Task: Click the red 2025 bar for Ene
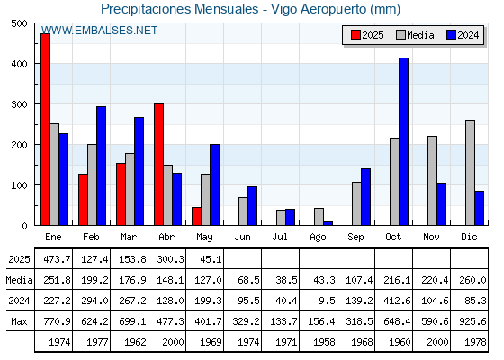45,130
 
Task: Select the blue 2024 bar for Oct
404,141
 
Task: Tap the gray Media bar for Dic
470,173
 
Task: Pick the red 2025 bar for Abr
158,164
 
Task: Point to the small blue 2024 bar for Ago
328,223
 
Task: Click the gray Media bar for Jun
243,211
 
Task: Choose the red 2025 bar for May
196,216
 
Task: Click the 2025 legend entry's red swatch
355,35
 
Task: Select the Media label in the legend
420,35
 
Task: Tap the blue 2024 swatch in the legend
451,35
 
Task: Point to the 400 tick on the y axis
19,64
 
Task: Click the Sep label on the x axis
355,238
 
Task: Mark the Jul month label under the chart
280,237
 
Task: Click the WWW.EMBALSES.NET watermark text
99,31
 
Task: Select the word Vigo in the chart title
283,9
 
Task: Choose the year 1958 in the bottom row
324,342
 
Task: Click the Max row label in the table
19,321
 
